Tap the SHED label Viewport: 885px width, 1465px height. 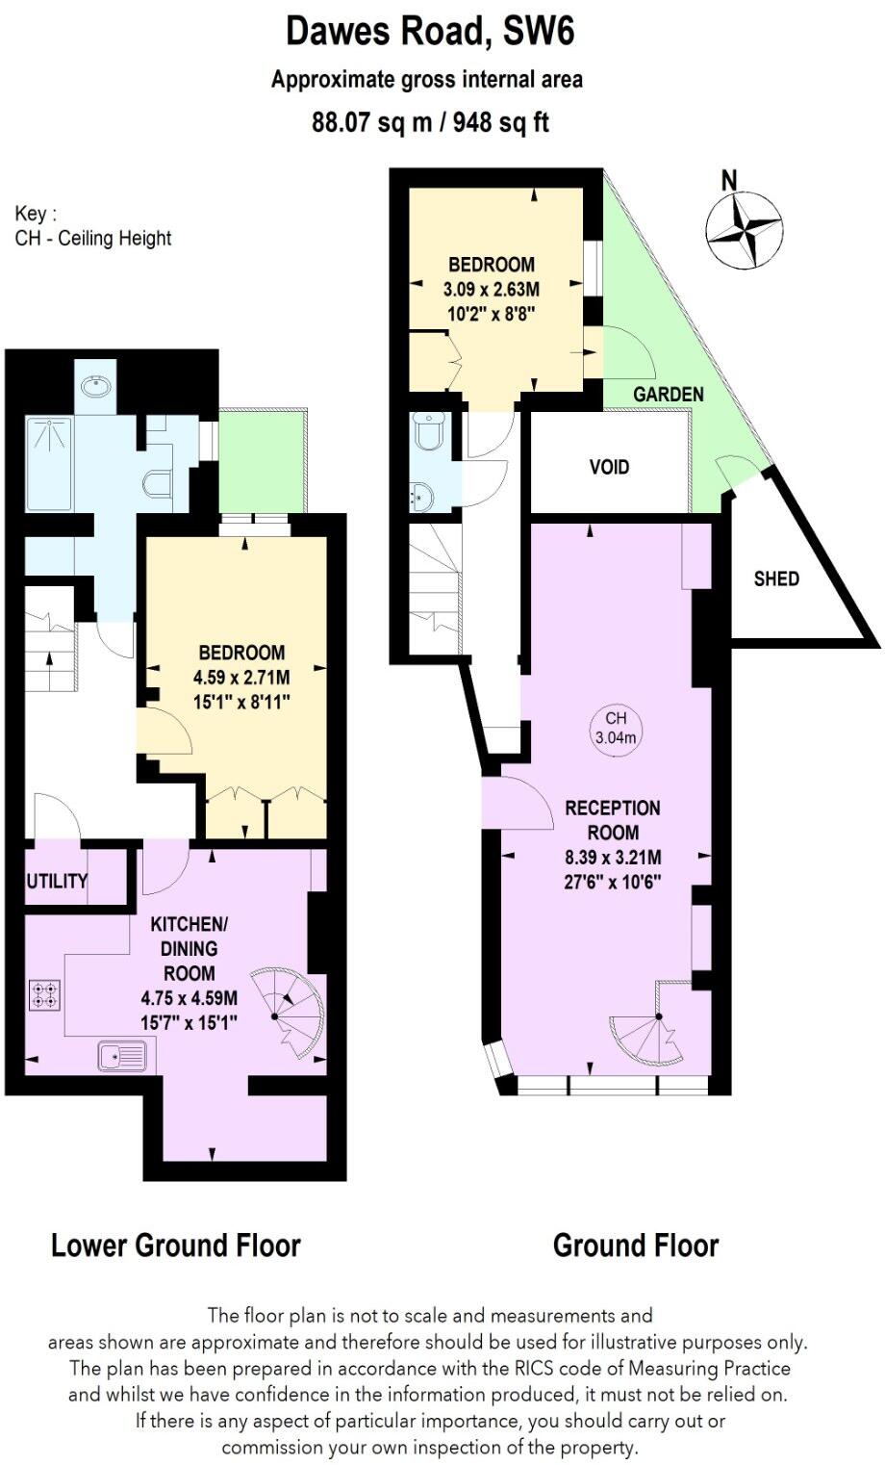click(x=775, y=578)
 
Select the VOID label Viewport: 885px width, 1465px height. click(x=609, y=467)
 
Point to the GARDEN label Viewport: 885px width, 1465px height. click(x=668, y=394)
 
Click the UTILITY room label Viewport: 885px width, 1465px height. click(x=57, y=881)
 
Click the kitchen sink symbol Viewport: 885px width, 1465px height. click(x=121, y=1057)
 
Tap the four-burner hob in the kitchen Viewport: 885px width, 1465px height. click(x=44, y=993)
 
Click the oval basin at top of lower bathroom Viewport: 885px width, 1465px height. click(x=95, y=387)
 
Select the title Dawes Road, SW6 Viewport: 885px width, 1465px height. click(x=430, y=32)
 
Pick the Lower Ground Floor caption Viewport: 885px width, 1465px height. click(x=176, y=1246)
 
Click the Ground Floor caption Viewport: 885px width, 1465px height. click(x=636, y=1246)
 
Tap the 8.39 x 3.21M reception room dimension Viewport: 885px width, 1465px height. click(x=613, y=858)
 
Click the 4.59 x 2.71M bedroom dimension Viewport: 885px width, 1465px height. click(x=241, y=678)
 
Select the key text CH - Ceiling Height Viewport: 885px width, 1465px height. click(x=93, y=238)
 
